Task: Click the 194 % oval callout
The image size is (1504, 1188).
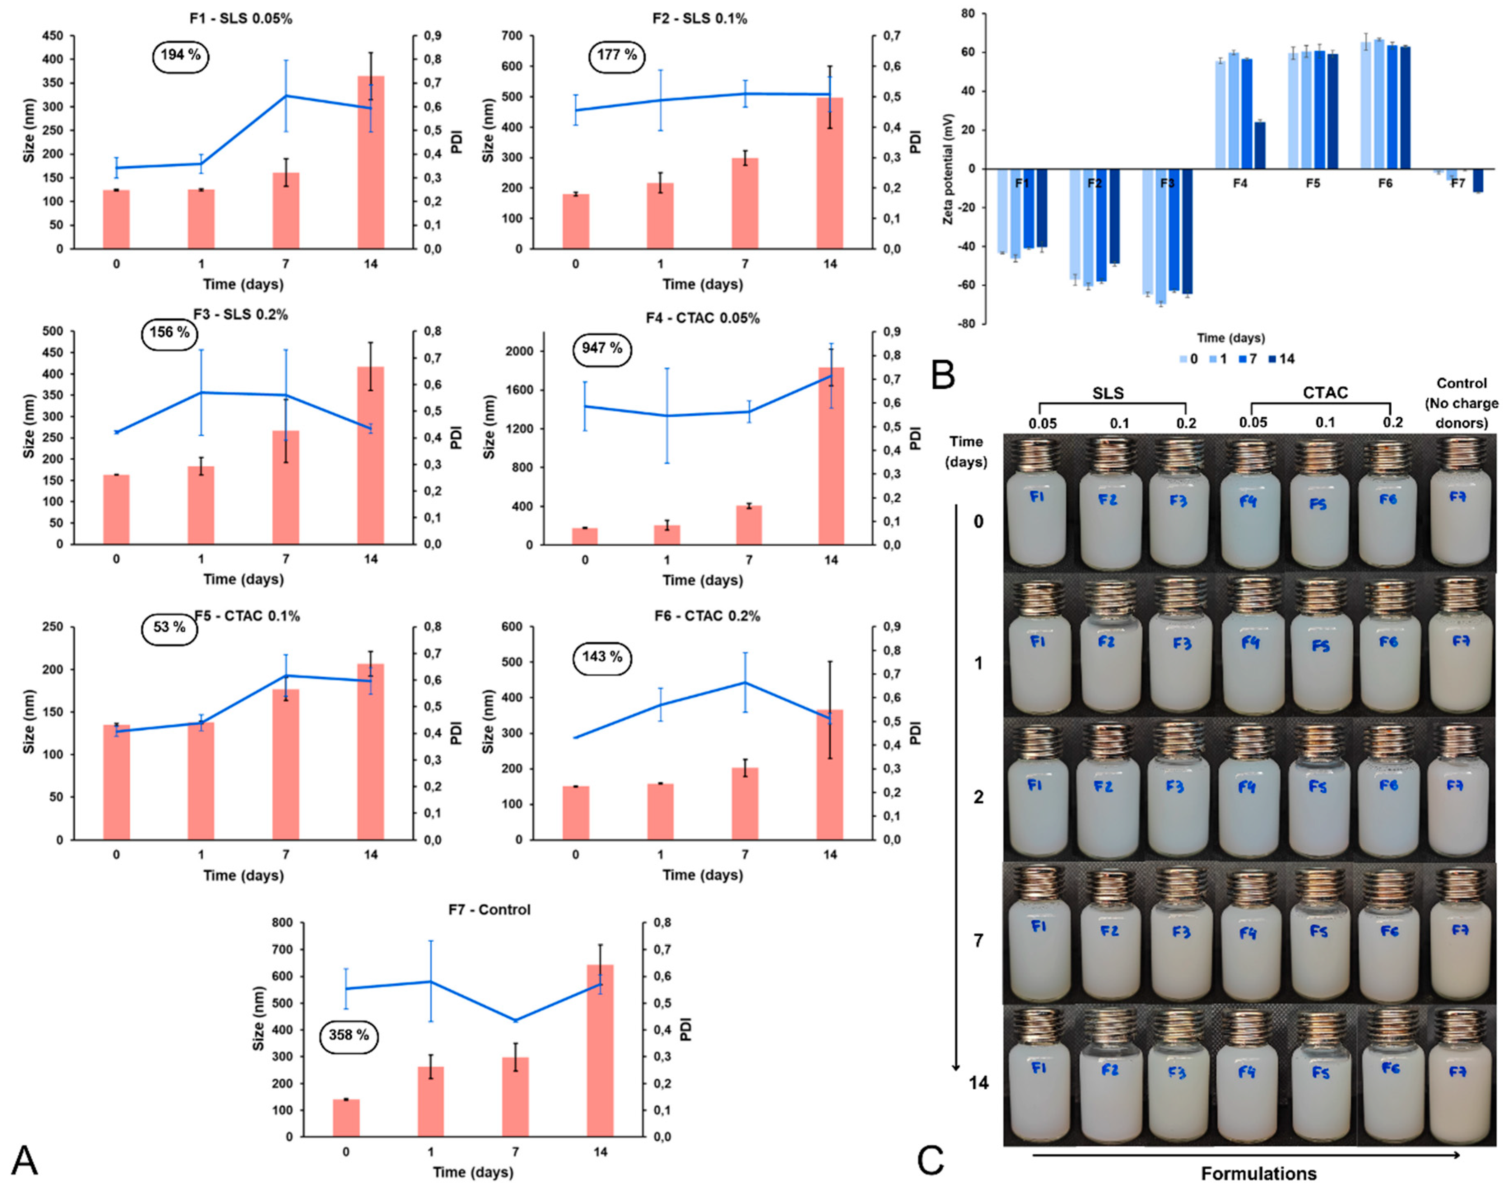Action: (x=180, y=55)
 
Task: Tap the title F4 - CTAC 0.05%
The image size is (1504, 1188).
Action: (x=702, y=318)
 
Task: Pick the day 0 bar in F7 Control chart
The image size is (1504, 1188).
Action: (x=346, y=1118)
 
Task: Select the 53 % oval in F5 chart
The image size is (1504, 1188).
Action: (x=169, y=627)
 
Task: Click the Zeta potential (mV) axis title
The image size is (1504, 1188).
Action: (x=948, y=169)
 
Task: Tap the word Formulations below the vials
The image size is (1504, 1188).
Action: (x=1258, y=1173)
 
